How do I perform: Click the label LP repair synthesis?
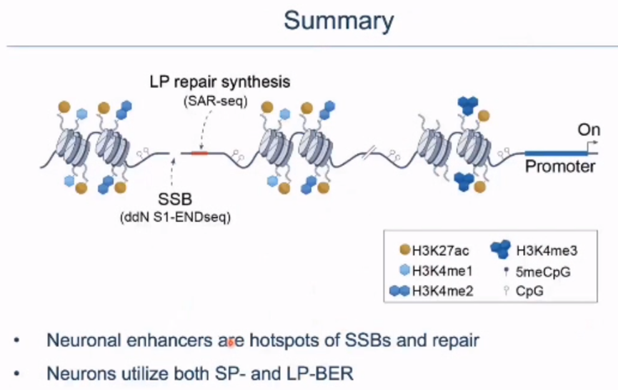click(x=220, y=81)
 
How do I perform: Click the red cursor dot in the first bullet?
click(x=230, y=344)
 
